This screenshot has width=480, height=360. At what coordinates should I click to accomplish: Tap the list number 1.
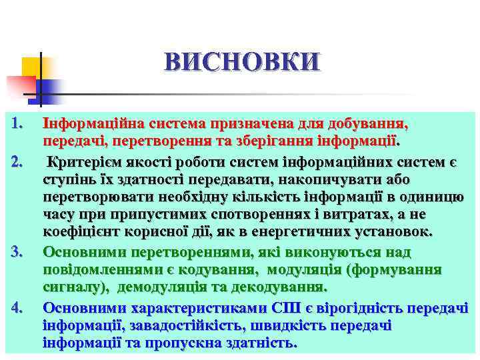pos(18,123)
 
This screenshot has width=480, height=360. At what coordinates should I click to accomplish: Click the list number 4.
pos(18,307)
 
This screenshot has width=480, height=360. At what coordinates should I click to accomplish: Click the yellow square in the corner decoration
pos(32,67)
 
